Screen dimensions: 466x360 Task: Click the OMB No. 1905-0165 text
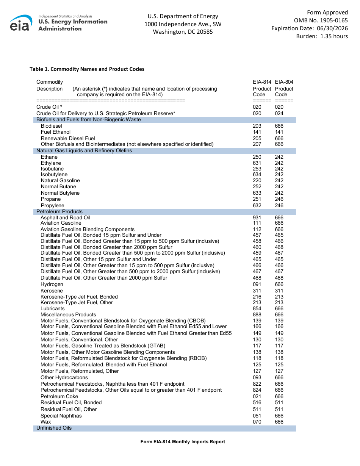point(321,20)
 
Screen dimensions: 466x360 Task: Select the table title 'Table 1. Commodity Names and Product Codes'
point(87,69)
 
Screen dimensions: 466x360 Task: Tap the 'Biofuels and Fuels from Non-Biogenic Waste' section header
point(88,120)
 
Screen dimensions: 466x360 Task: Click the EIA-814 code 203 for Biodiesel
point(257,126)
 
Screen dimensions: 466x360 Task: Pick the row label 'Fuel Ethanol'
point(56,132)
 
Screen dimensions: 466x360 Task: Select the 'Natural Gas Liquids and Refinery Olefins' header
point(84,151)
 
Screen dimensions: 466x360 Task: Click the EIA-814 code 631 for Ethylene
point(257,163)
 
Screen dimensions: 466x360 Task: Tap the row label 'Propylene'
point(53,206)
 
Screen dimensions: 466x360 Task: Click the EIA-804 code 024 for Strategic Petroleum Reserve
point(279,113)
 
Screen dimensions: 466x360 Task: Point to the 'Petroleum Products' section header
point(59,212)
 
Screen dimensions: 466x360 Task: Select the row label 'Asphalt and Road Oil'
point(65,218)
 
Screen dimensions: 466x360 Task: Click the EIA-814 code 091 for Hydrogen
point(257,285)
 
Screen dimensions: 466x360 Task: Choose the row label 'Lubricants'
point(53,309)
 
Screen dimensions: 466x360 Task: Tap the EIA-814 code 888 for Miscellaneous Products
point(257,315)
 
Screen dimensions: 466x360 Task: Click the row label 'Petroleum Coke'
point(59,397)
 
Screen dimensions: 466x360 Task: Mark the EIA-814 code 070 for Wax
point(257,422)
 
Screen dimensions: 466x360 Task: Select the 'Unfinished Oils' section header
point(54,428)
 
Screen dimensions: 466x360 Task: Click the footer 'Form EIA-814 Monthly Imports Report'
point(183,442)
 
